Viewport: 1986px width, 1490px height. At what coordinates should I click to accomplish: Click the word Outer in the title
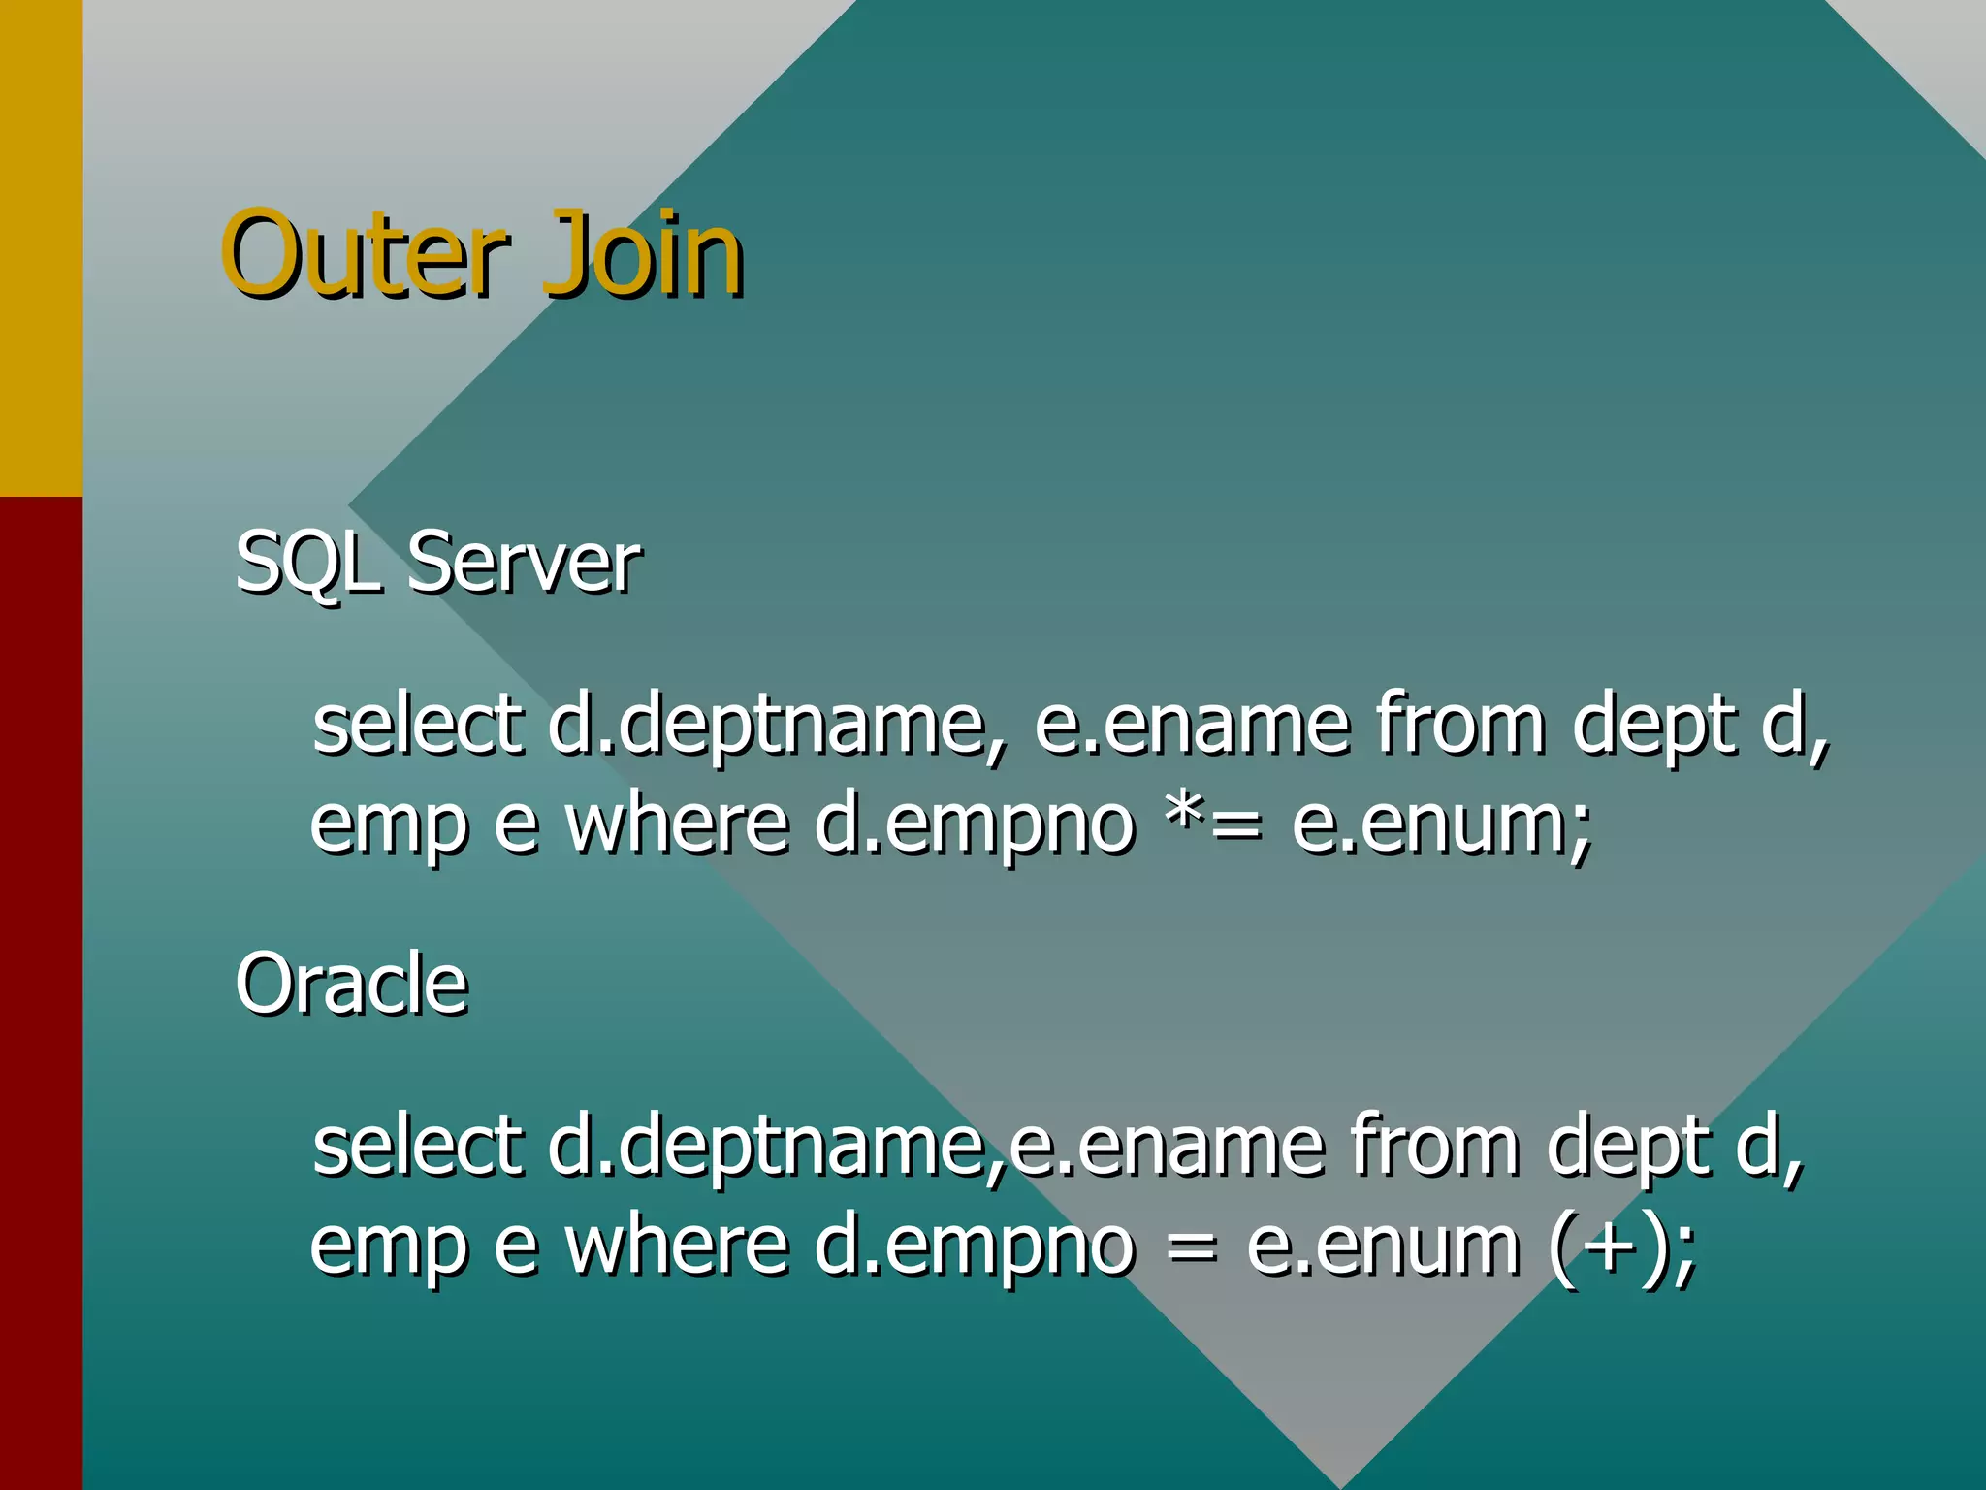(x=364, y=254)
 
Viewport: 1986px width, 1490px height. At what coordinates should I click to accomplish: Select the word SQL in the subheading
(x=306, y=563)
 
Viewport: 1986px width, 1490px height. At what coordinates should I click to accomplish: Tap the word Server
(x=524, y=563)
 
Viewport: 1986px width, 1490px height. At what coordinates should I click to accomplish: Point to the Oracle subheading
(x=351, y=984)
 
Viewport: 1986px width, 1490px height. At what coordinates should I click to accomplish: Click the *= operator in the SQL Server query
(x=1213, y=825)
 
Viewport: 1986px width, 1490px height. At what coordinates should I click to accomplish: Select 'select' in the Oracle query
(x=418, y=1146)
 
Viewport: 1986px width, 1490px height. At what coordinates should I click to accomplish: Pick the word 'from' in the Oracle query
(x=1434, y=1146)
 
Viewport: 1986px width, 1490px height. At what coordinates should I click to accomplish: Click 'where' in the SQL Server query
(x=676, y=825)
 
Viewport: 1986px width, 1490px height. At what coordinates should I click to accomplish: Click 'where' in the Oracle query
(x=676, y=1246)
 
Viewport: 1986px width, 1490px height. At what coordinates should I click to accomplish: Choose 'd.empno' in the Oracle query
(x=974, y=1247)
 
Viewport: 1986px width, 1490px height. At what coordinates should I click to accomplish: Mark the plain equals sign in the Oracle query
(x=1190, y=1247)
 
